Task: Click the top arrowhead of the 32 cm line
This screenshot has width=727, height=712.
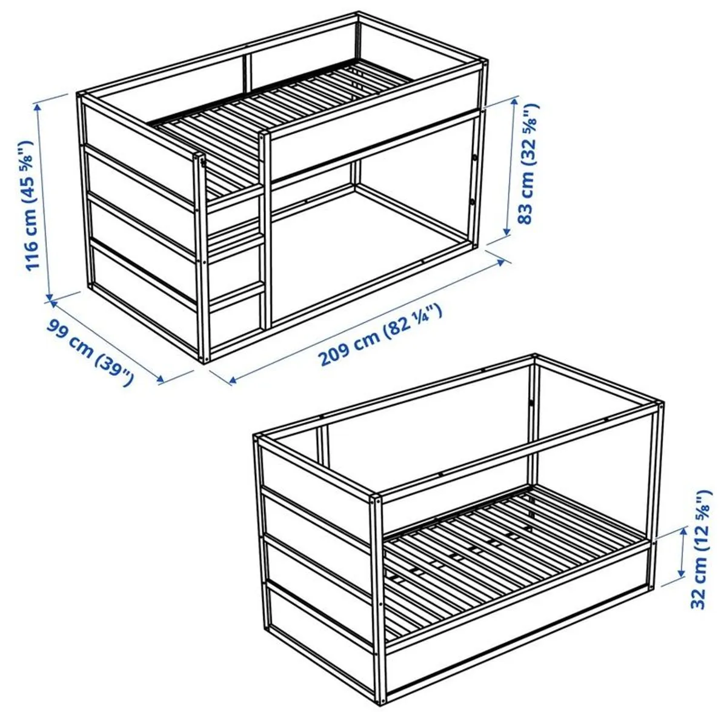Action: tap(683, 538)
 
